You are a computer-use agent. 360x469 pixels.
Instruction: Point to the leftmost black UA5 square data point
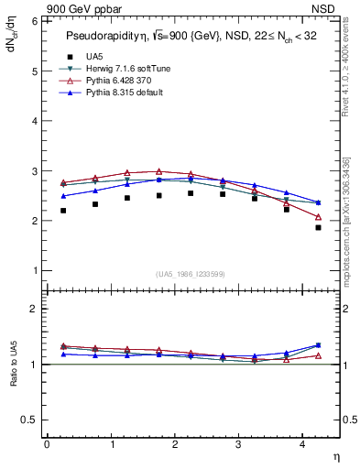coord(63,211)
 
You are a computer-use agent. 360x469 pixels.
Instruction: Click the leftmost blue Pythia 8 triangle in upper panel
coord(63,196)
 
